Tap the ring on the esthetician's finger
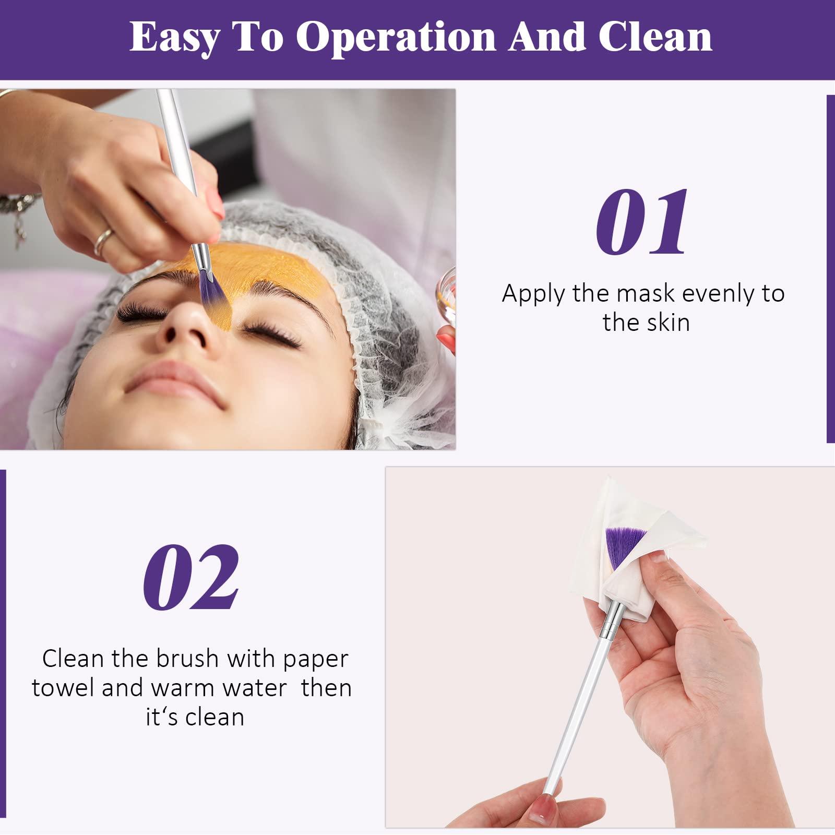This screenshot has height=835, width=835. tap(104, 242)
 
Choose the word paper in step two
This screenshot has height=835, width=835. tap(315, 660)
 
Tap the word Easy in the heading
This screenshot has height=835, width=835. tap(175, 38)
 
